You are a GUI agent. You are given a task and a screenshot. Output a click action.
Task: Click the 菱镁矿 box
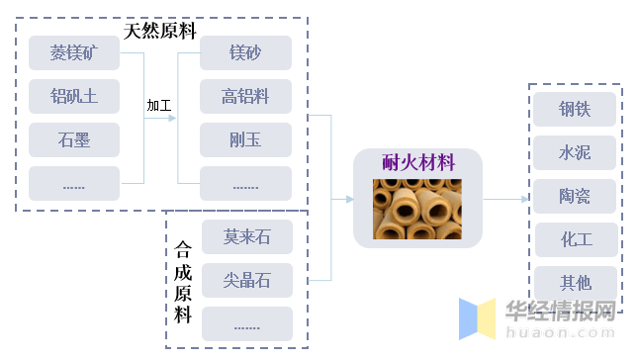click(x=74, y=52)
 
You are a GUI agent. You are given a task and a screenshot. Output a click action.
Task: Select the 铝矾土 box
click(x=74, y=96)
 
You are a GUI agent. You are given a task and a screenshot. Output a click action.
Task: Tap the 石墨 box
click(x=74, y=139)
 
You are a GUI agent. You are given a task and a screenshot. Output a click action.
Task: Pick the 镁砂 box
click(x=245, y=52)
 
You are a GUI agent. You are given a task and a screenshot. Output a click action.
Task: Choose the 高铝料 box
click(x=245, y=96)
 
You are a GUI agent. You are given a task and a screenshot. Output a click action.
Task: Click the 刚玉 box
click(x=245, y=139)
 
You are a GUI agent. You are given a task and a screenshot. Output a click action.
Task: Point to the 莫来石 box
click(x=246, y=237)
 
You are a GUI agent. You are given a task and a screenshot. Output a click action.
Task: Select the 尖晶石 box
click(x=246, y=281)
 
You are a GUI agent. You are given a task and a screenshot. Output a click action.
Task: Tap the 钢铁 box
click(x=575, y=109)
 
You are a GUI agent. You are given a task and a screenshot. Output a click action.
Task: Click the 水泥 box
click(x=575, y=152)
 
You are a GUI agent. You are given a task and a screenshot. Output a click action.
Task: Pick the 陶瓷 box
click(x=575, y=196)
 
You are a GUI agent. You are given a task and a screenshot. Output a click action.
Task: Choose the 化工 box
click(x=575, y=239)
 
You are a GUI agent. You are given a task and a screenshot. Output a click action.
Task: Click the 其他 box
click(x=575, y=283)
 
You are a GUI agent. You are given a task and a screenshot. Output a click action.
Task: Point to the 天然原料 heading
click(x=160, y=30)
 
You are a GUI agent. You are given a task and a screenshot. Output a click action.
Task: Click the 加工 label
click(x=159, y=105)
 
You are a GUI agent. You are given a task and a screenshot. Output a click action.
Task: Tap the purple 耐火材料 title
click(x=418, y=161)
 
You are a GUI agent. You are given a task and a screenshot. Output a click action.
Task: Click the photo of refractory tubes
click(x=417, y=208)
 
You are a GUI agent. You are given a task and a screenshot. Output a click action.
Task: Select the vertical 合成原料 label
click(x=183, y=282)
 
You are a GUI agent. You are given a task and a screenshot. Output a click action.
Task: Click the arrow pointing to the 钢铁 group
click(x=506, y=199)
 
